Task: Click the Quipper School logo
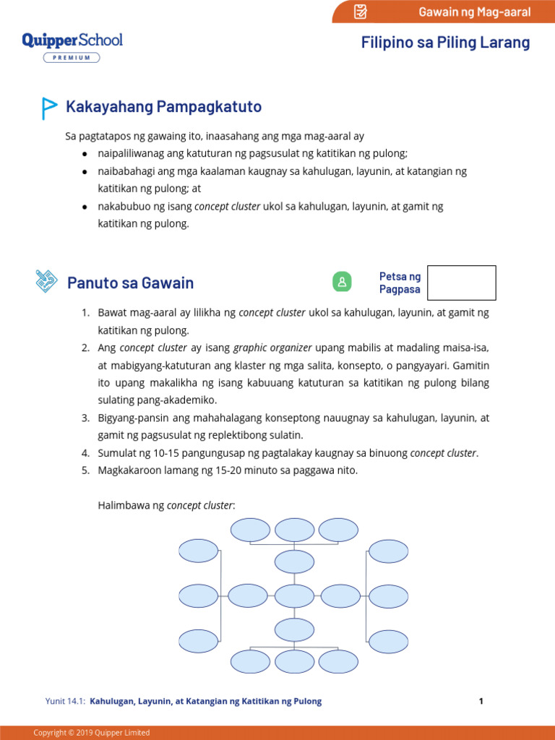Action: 72,40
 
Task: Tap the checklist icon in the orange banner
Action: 361,12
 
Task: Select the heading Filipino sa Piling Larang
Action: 445,43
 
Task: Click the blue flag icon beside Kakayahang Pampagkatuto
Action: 48,108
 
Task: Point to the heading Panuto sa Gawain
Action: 130,283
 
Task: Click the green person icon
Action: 342,282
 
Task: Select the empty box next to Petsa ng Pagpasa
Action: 462,283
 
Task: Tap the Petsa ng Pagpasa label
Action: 400,283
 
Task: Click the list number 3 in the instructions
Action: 85,418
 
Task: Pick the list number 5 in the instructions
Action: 85,470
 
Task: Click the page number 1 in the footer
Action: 481,701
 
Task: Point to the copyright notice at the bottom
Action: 92,733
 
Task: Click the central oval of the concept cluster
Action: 294,596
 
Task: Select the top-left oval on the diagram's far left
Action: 198,551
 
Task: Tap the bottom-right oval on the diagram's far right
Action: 390,641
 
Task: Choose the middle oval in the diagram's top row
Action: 294,530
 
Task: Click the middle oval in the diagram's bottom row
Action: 294,661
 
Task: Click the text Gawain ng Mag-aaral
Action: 474,12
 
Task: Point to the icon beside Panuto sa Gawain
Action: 47,281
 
